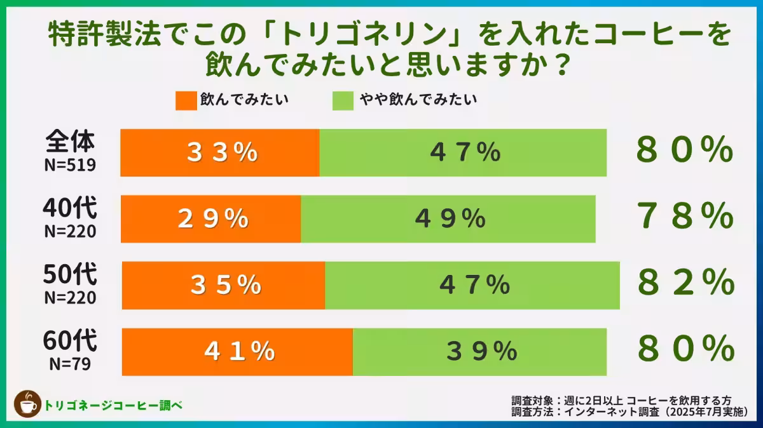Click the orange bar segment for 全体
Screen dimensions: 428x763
coord(219,152)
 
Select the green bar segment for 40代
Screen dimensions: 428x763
coord(448,219)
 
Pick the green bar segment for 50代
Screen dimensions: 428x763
coord(472,285)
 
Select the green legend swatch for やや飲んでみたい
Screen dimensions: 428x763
coord(343,100)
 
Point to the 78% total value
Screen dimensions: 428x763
coord(685,218)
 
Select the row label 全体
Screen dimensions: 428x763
coord(70,142)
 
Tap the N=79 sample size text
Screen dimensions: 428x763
coord(70,365)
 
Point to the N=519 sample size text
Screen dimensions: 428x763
coord(70,166)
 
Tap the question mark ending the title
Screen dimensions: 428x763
coord(558,65)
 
